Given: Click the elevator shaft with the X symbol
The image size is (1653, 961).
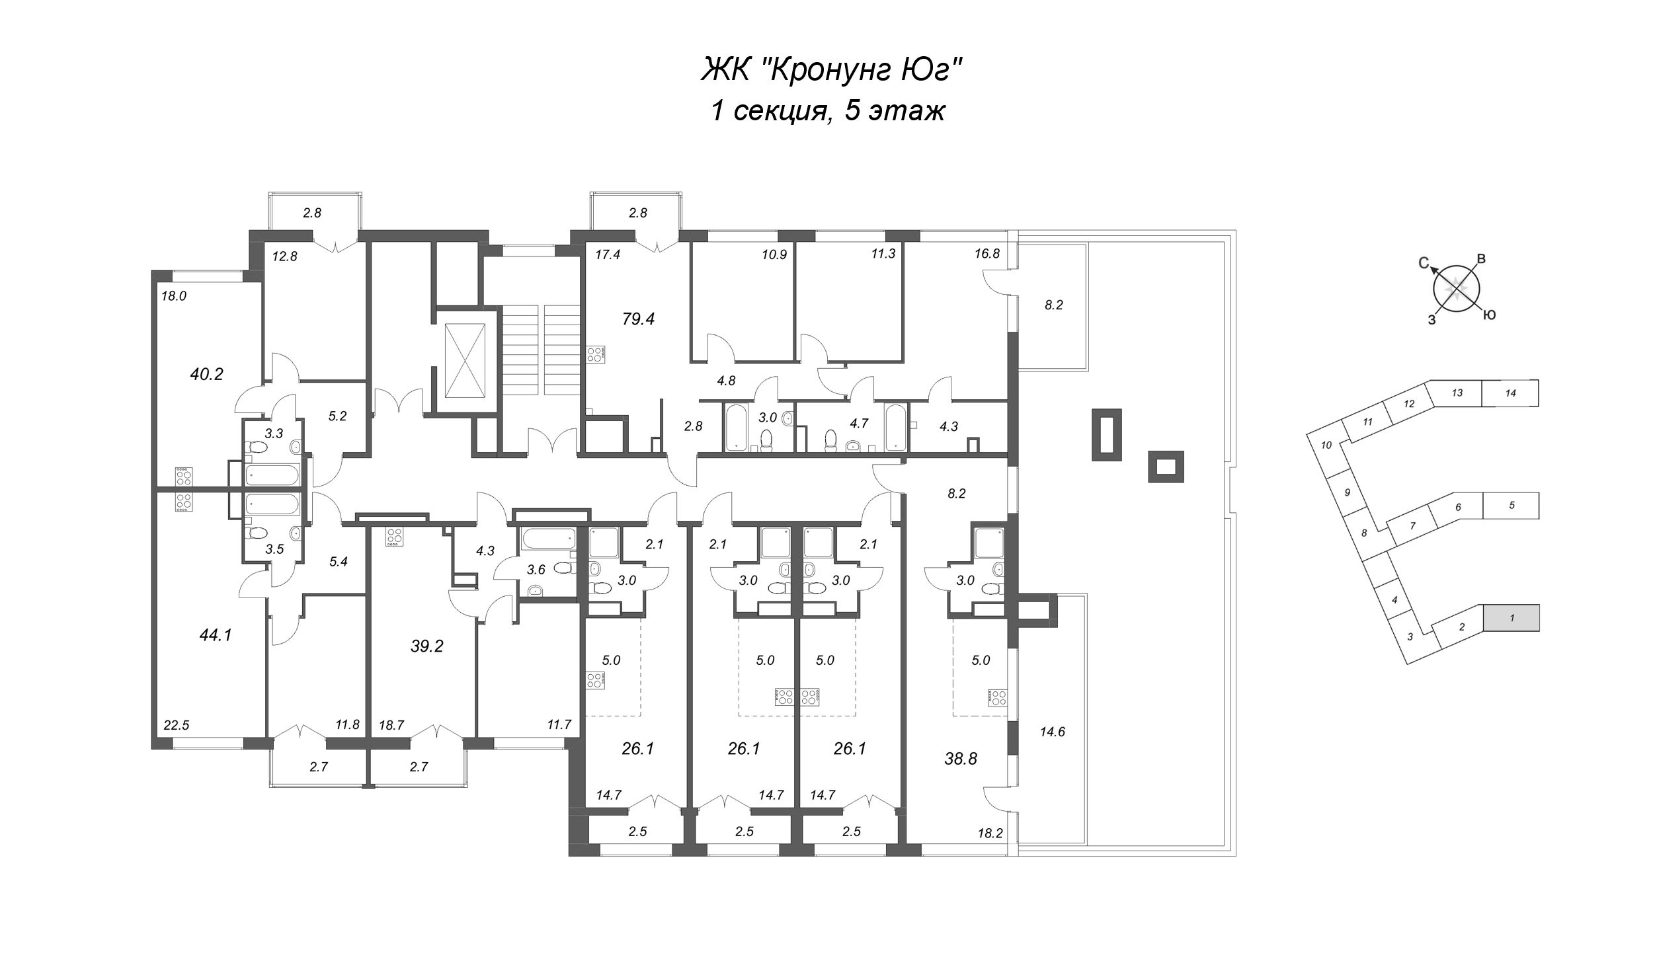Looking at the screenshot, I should coord(466,360).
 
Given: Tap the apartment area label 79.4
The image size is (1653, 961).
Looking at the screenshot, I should coord(638,319).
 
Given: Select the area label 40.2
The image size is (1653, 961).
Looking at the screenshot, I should coord(206,374).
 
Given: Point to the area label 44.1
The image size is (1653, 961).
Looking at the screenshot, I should coord(216,635).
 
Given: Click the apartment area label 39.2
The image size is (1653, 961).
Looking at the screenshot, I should coord(426,646).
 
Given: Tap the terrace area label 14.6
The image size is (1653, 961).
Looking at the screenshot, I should coord(1052,732).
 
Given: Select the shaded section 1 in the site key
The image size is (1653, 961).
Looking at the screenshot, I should coord(1512,618).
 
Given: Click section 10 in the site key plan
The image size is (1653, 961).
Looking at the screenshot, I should coord(1326,445).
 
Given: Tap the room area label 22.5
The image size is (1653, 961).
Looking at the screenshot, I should coord(177,725).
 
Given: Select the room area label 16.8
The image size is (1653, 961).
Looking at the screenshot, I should coord(987,253).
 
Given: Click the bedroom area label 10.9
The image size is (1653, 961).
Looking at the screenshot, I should coord(774,254).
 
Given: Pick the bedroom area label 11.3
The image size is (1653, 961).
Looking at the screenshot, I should coord(883,253).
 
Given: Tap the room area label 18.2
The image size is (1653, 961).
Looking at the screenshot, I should coord(990,834).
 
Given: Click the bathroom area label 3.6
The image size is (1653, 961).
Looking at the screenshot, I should coord(536,569).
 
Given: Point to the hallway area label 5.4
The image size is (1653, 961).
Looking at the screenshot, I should coord(338,561).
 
